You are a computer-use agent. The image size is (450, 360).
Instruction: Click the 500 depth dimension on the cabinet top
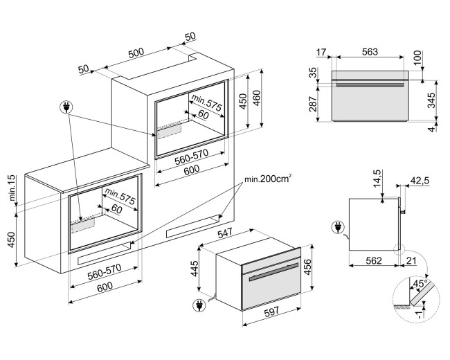click(x=136, y=53)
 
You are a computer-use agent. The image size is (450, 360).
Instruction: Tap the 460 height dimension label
click(x=257, y=98)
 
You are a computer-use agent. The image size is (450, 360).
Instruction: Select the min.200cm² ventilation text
click(x=268, y=179)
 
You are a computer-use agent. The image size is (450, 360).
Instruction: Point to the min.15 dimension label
click(x=12, y=188)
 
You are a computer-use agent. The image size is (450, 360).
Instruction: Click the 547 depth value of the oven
click(x=225, y=233)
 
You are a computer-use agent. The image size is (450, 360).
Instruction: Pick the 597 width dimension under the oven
click(x=271, y=312)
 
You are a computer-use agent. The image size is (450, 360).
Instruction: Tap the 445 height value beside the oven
click(x=195, y=269)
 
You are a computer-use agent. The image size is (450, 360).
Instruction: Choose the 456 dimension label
click(x=307, y=267)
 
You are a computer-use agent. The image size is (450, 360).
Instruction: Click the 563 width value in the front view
click(x=370, y=52)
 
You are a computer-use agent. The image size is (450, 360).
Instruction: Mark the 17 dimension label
click(x=322, y=52)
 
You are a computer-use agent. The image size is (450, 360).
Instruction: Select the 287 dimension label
click(x=312, y=104)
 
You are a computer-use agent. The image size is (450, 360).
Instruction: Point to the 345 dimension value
click(x=431, y=100)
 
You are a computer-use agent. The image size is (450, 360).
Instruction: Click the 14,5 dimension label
click(x=378, y=178)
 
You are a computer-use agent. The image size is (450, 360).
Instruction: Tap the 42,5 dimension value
click(x=420, y=181)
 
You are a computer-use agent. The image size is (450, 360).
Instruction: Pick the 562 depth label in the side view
click(x=374, y=260)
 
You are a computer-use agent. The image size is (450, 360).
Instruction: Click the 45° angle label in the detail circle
click(x=420, y=284)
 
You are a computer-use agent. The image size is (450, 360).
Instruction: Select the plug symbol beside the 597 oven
click(x=199, y=305)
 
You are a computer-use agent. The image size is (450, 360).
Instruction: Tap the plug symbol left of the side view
click(x=338, y=228)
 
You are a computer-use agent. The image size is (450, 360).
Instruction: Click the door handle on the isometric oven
click(x=273, y=272)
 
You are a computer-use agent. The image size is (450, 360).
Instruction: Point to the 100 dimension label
click(x=417, y=57)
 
